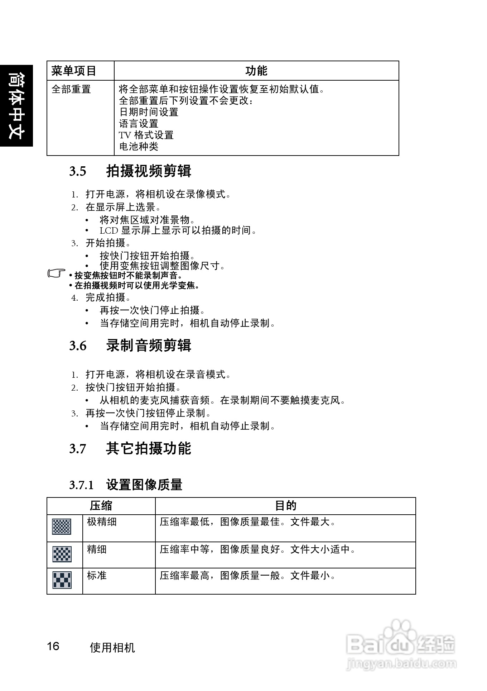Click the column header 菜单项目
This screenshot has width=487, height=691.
tap(74, 71)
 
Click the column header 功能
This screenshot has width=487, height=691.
tap(256, 71)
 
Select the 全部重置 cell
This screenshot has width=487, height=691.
tap(71, 89)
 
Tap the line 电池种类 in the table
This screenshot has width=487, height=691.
tap(139, 147)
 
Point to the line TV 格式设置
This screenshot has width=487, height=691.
tap(146, 135)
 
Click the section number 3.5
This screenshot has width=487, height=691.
tap(78, 171)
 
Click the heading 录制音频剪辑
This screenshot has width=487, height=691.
tap(149, 345)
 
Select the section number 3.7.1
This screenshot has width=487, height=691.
tap(81, 485)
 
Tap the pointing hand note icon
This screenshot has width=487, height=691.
tap(57, 274)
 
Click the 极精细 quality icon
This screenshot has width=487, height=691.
tap(62, 526)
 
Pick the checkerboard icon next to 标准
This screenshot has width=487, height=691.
tap(62, 580)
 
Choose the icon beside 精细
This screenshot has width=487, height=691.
tap(62, 554)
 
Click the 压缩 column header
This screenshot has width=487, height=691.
tap(101, 506)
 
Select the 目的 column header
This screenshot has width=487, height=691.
tap(285, 506)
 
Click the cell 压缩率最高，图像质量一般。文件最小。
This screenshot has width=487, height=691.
tap(247, 576)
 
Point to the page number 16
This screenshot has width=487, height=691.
tap(53, 646)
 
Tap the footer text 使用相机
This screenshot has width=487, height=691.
tap(112, 648)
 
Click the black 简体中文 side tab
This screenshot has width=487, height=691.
tap(16, 105)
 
